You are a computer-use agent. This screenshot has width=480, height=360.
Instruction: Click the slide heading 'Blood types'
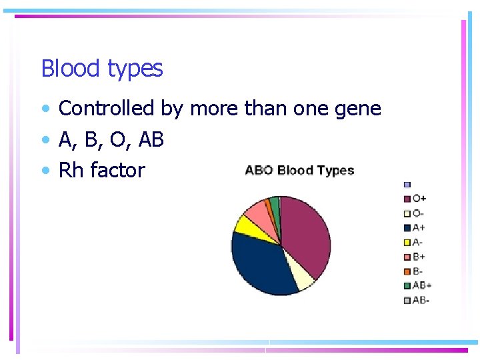(x=101, y=69)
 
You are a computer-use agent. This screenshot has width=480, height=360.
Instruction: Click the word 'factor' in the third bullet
(x=117, y=170)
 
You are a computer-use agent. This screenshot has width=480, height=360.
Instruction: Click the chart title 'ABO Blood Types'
(x=299, y=170)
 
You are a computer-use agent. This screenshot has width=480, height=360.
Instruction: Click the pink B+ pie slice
(x=257, y=211)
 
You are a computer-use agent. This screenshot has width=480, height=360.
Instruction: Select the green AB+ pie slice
(x=274, y=202)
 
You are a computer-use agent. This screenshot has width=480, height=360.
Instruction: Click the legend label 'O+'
(x=420, y=198)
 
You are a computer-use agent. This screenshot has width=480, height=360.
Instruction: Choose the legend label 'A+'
(x=419, y=227)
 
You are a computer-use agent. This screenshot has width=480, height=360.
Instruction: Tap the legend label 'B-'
(x=419, y=271)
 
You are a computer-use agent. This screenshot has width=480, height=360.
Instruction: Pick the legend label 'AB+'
(x=422, y=285)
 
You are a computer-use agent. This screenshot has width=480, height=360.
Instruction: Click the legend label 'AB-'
(x=421, y=300)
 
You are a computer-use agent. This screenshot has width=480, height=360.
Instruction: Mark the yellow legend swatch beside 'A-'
(x=407, y=242)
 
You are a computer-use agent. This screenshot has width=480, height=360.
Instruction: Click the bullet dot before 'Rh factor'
(x=45, y=171)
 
